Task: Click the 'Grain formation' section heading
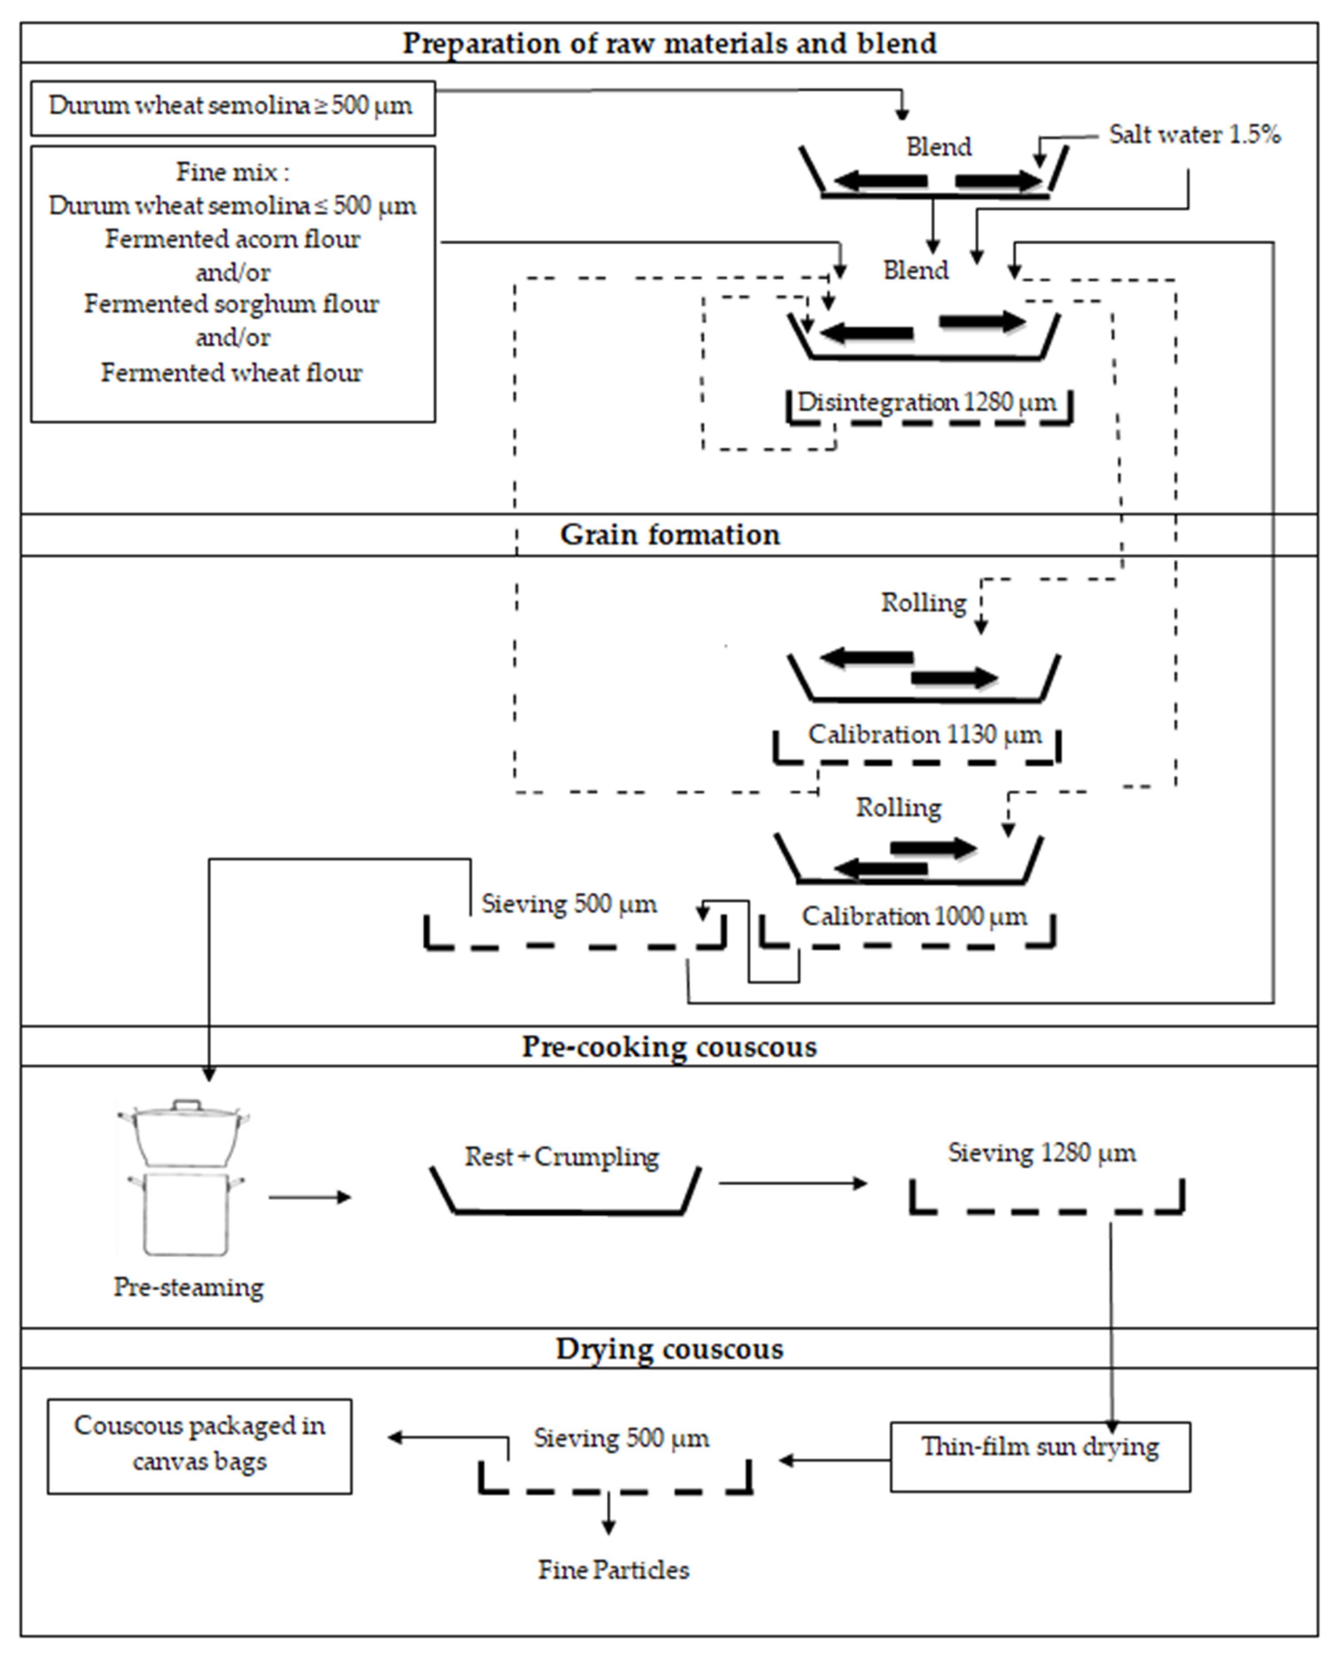[x=669, y=534]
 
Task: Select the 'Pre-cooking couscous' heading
[x=669, y=1047]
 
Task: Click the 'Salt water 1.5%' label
[x=1194, y=135]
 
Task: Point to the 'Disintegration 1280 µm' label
[x=927, y=402]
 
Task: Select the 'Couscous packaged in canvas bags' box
[x=199, y=1447]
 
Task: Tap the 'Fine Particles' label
[x=614, y=1570]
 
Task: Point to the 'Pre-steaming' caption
[x=189, y=1287]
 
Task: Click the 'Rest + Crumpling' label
[x=562, y=1156]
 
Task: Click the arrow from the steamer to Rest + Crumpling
[x=309, y=1197]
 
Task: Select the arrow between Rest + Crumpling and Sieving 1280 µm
[x=793, y=1183]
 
